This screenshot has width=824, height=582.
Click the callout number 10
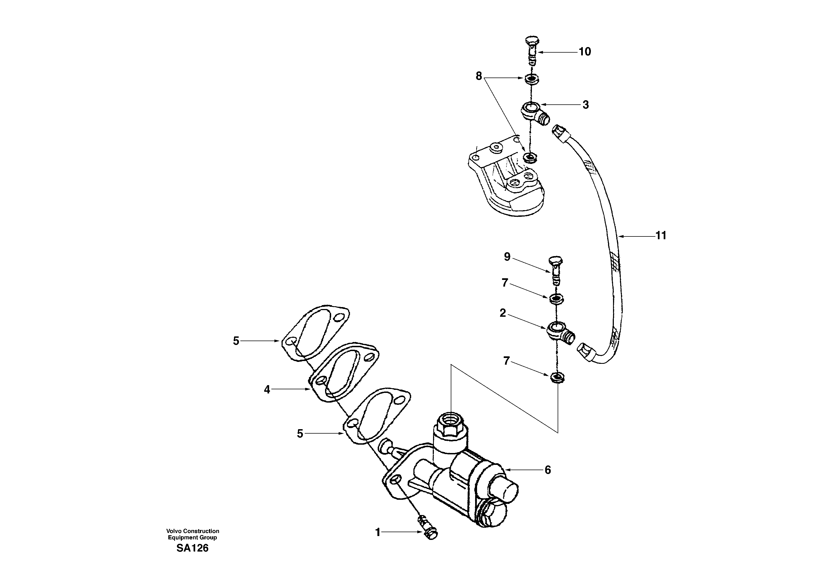tap(584, 52)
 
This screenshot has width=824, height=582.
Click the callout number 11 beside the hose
tap(661, 236)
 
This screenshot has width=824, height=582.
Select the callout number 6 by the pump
tap(547, 470)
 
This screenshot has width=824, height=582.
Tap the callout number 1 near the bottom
tap(378, 532)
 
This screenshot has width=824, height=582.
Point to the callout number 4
tap(267, 390)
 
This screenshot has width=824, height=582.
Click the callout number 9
tap(507, 257)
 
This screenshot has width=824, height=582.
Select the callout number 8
tap(478, 76)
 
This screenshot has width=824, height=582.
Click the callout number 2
tap(503, 313)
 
